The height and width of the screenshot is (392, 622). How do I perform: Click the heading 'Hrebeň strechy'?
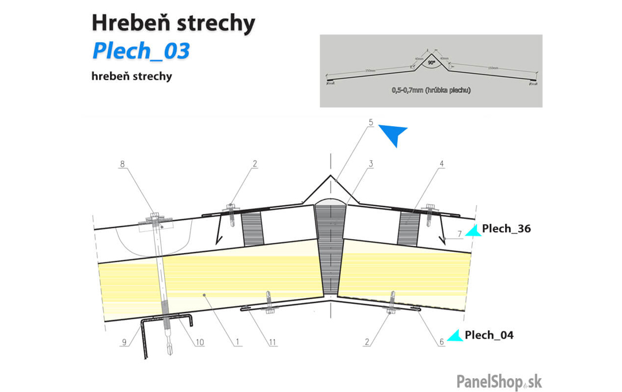[173, 24]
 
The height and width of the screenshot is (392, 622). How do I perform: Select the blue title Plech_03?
[141, 51]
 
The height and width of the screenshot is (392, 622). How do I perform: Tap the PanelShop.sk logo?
[499, 382]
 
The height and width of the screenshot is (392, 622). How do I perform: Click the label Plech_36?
[506, 228]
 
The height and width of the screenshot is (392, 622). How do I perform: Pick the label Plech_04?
[489, 335]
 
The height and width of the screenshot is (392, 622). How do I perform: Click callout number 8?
[122, 164]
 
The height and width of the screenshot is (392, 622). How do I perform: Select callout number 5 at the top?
[371, 122]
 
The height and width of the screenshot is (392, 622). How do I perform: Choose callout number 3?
[371, 164]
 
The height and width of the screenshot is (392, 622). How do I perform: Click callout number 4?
[441, 164]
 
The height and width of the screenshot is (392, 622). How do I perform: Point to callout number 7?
[460, 233]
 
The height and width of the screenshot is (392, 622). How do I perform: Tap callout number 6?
[442, 342]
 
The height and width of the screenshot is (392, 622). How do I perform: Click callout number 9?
[123, 342]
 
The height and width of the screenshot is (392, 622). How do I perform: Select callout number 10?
[199, 342]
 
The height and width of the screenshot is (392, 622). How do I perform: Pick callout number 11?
[272, 342]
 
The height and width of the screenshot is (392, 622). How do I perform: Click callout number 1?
[237, 342]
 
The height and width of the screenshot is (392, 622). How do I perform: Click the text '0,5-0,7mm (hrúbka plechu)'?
[431, 90]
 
